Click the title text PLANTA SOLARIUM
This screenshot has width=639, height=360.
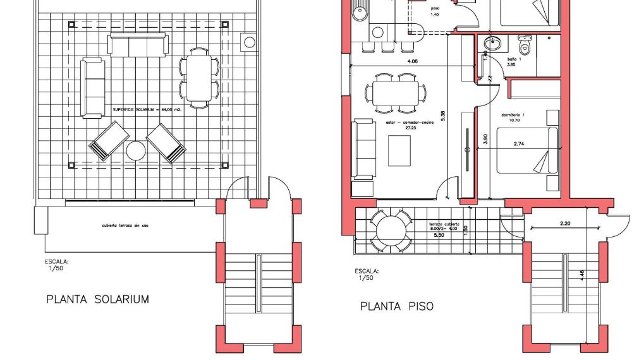(97, 299)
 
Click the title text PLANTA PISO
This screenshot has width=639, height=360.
(397, 306)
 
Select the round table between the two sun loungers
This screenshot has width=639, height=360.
(136, 151)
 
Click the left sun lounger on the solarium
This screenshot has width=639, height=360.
(109, 141)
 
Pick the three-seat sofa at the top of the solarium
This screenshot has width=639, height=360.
(138, 45)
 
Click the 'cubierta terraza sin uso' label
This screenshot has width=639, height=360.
(129, 225)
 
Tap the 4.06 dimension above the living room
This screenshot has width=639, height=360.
(412, 62)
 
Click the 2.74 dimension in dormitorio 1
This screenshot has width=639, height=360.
(519, 144)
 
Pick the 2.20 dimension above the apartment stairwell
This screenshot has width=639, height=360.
(564, 224)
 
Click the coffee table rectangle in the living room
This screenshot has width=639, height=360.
(399, 151)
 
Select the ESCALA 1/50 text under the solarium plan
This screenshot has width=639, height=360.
(56, 264)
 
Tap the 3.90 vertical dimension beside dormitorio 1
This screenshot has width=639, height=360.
(485, 140)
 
